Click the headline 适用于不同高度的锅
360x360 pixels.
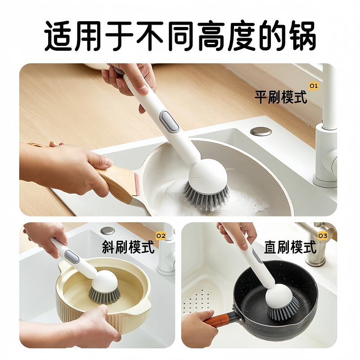point(180,35)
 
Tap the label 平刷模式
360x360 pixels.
point(281,97)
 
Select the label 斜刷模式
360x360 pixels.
point(128,247)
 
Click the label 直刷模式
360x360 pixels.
point(290,247)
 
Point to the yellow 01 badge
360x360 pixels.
point(313,85)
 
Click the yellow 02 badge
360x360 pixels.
point(161,235)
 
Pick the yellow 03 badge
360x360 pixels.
point(323,235)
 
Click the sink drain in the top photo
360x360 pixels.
point(261,131)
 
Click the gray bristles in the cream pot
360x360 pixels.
point(104,295)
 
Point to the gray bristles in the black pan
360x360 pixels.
point(283,310)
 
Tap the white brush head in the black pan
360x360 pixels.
point(279,295)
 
